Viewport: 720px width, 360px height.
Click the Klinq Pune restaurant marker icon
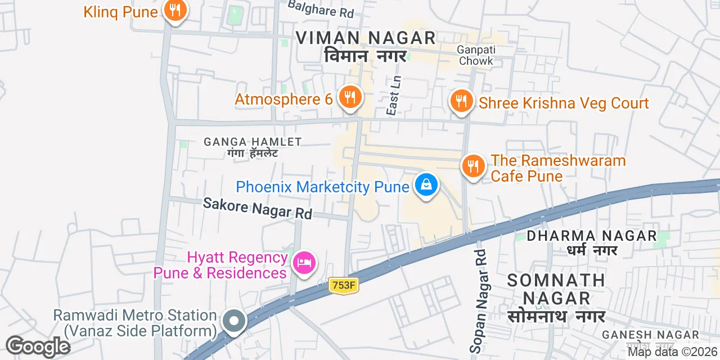coord(175,10)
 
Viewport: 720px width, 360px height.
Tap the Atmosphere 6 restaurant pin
coord(350,97)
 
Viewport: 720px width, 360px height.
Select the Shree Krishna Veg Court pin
coord(461,102)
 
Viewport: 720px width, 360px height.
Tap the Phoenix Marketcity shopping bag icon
coord(426,184)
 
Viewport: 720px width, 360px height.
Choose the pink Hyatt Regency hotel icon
coord(304,263)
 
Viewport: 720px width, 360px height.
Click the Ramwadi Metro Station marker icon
coord(234,322)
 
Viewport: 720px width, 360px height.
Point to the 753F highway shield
coord(344,285)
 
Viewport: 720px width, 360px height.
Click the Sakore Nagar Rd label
coord(258,208)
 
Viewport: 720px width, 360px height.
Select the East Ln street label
coord(394,96)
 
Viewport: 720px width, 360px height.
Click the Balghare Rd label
coord(320,9)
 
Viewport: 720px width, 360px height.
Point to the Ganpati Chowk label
coord(476,55)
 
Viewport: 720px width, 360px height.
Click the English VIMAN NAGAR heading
coord(366,38)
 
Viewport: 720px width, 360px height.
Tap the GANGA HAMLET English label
coord(253,142)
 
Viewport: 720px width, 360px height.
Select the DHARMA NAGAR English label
coord(592,236)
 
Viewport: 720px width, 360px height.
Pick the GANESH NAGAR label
coord(650,335)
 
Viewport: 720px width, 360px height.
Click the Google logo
coord(38,346)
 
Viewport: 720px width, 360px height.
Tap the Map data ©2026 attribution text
coord(673,352)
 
